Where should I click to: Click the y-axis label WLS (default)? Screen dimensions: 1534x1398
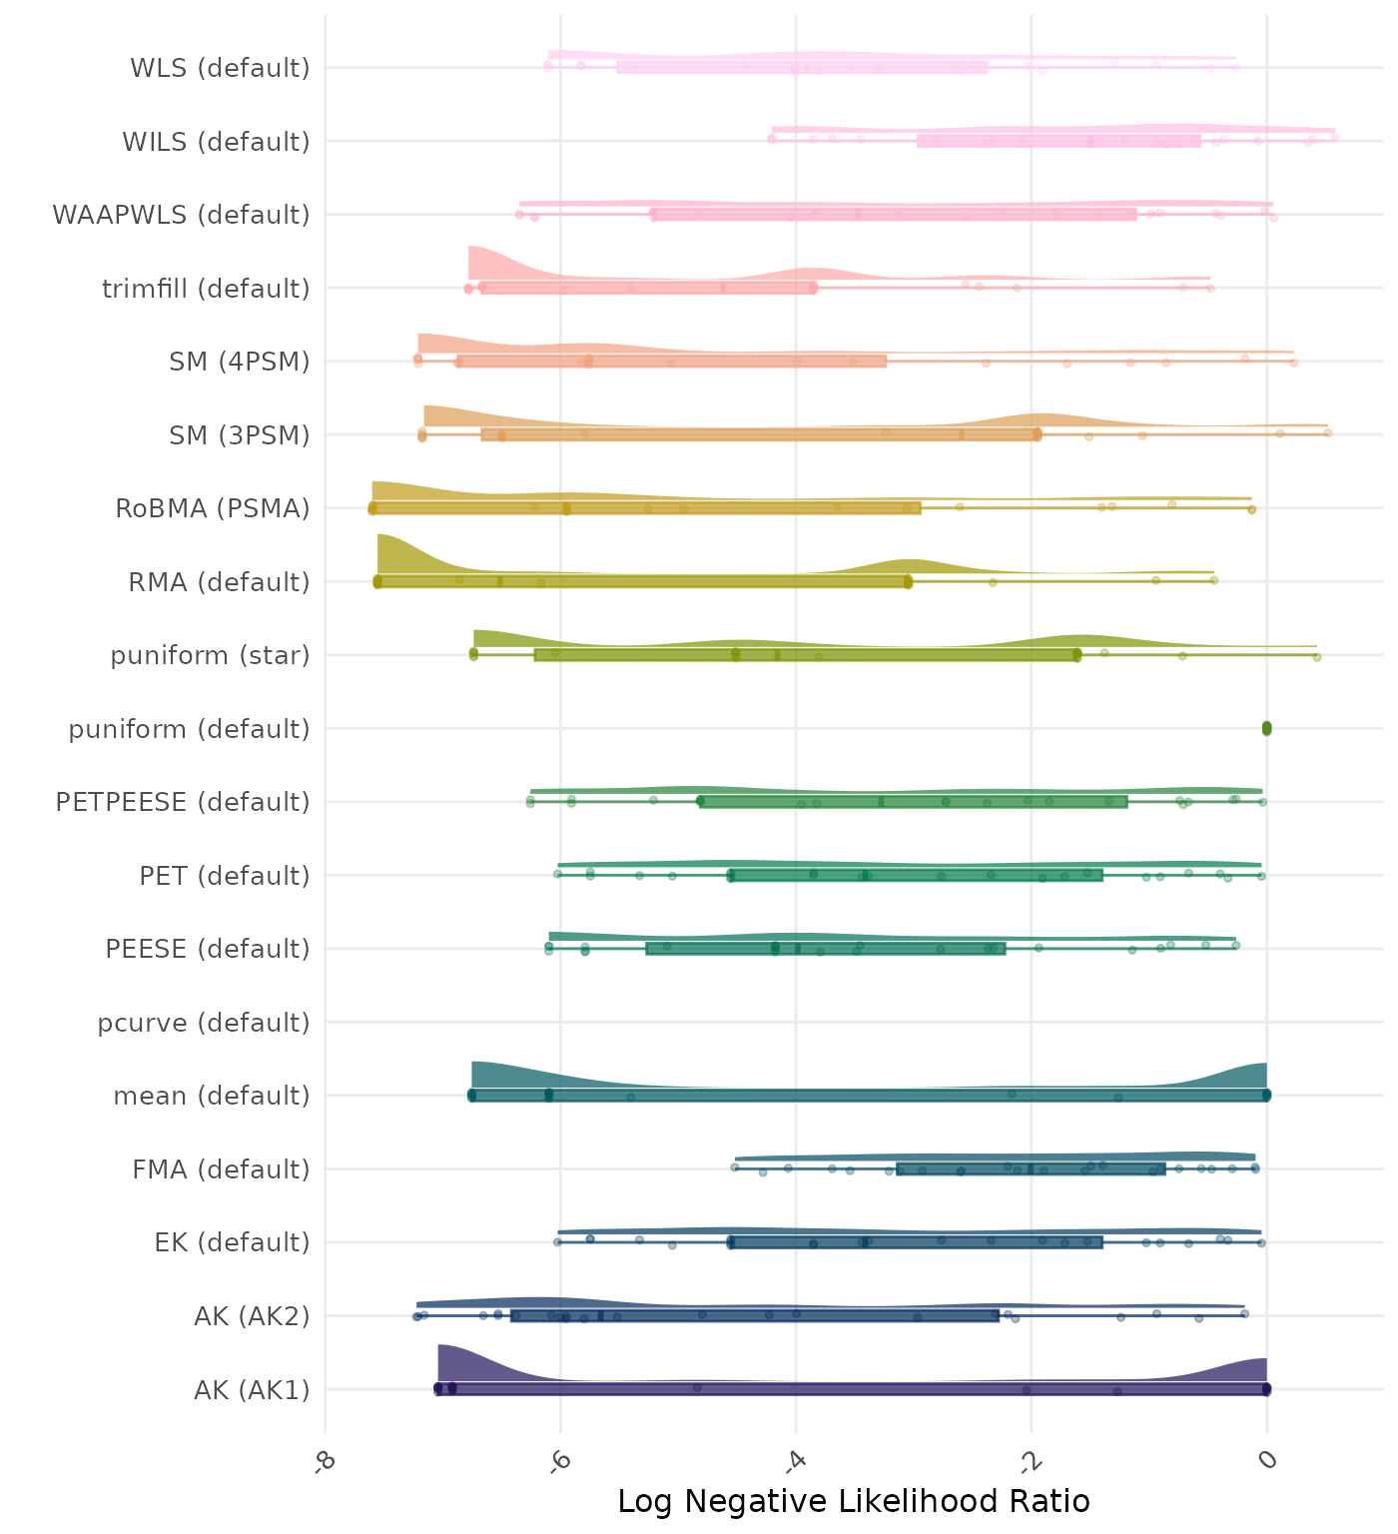point(220,68)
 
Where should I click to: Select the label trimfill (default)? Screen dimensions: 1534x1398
point(206,289)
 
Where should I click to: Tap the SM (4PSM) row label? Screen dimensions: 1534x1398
point(240,362)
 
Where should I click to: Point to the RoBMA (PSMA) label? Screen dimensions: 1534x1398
point(212,508)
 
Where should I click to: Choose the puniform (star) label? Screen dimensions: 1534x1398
point(210,655)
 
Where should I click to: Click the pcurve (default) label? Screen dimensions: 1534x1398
point(204,1023)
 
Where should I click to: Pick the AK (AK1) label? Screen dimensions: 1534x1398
point(252,1389)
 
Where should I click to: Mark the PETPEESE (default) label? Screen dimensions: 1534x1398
point(183,802)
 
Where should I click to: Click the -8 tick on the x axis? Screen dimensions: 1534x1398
point(324,1459)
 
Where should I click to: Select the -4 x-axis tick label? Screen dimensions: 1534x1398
point(795,1459)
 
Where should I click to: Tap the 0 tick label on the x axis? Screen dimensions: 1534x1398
point(1267,1459)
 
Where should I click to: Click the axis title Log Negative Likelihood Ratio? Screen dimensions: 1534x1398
point(854,1501)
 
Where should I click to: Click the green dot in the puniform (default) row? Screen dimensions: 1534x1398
point(1266,728)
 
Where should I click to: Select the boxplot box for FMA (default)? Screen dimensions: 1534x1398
point(1031,1168)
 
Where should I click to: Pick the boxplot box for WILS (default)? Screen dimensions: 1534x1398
point(1058,141)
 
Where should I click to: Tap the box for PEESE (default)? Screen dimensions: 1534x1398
point(825,948)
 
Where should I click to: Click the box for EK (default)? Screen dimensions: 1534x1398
point(916,1242)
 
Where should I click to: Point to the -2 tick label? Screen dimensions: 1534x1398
point(1031,1459)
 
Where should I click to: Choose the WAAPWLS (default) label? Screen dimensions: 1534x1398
point(181,215)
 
